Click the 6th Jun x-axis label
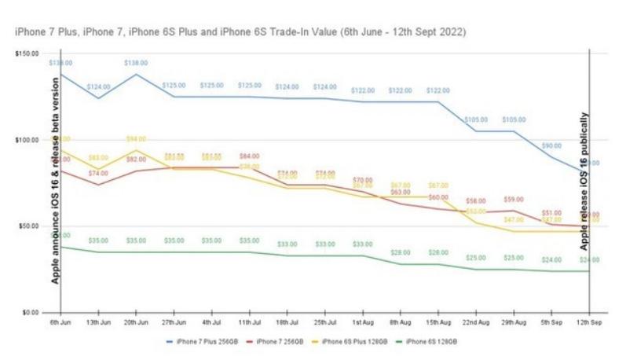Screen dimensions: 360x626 coord(60,322)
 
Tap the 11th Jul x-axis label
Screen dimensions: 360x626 coord(249,322)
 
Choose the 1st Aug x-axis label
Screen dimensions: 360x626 coord(362,322)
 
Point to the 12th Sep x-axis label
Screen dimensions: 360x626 coord(589,322)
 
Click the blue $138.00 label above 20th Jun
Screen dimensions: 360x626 coord(136,62)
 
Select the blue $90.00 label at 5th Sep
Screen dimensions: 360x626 coord(551,146)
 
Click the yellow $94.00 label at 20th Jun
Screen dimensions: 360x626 coord(136,139)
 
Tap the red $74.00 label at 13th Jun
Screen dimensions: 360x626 coord(98,173)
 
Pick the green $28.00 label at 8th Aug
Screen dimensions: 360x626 coord(401,252)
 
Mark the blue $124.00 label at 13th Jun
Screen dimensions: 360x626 coord(98,86)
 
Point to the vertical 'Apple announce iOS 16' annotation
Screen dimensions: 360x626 coord(56,181)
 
